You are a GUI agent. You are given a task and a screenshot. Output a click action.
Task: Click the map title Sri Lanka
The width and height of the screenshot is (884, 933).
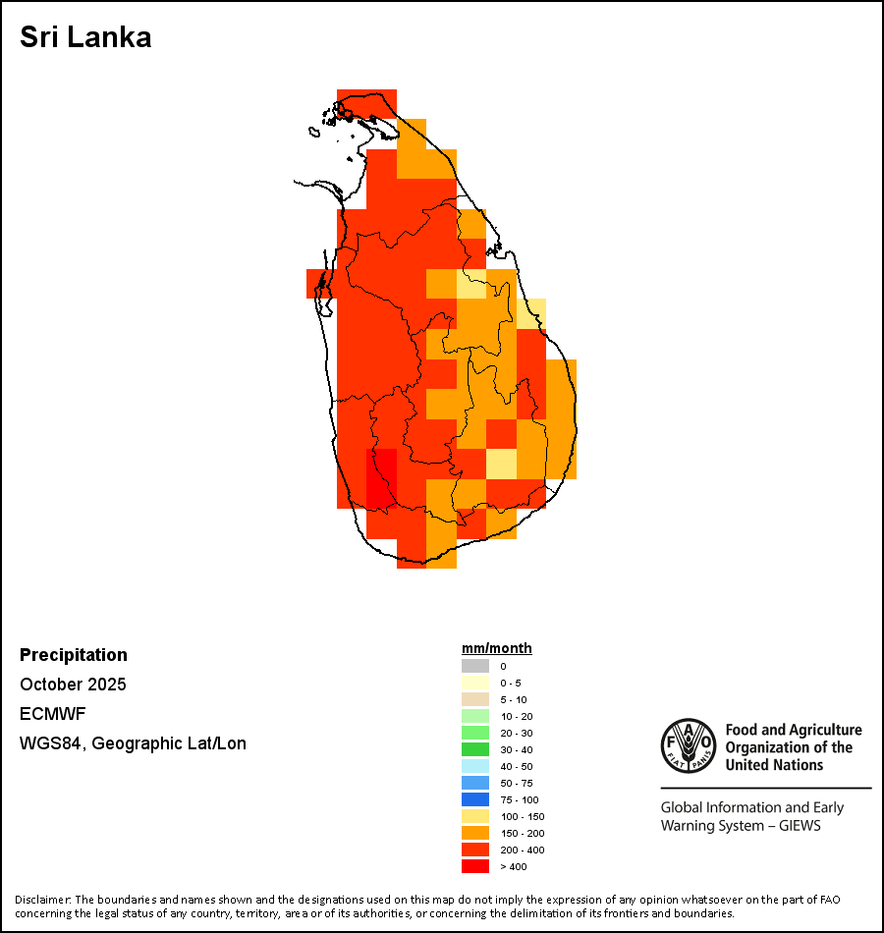85,38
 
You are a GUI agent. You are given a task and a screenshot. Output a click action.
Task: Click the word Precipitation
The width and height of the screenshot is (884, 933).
74,655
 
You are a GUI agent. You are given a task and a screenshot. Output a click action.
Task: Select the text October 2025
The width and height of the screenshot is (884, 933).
73,685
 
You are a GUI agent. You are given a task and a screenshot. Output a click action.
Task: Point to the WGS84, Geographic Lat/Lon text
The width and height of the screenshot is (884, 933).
133,743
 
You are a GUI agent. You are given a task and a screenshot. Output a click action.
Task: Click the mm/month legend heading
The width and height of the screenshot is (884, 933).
497,648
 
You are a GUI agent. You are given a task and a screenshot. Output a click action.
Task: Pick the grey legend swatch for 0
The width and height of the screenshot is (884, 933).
475,666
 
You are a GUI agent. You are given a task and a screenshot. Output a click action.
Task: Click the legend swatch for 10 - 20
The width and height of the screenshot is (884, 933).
475,716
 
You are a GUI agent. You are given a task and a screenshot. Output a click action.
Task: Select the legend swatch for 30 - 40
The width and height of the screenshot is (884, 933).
475,749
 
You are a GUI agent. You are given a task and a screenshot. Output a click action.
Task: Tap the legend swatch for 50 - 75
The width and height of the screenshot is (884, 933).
475,783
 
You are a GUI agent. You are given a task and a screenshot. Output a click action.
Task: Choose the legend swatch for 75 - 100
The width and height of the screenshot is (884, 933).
475,799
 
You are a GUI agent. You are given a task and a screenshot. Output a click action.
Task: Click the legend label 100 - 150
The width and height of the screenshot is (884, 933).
522,816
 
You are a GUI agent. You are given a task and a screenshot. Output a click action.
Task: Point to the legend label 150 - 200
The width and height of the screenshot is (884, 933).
522,833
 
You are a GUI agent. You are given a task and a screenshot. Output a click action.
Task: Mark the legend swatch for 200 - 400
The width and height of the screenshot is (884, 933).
475,850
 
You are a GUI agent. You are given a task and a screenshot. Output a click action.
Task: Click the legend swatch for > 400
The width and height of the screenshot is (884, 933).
475,866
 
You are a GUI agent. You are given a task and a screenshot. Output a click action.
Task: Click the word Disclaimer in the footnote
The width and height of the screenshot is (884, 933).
42,899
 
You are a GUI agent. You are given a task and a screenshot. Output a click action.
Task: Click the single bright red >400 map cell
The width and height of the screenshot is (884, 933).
381,478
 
